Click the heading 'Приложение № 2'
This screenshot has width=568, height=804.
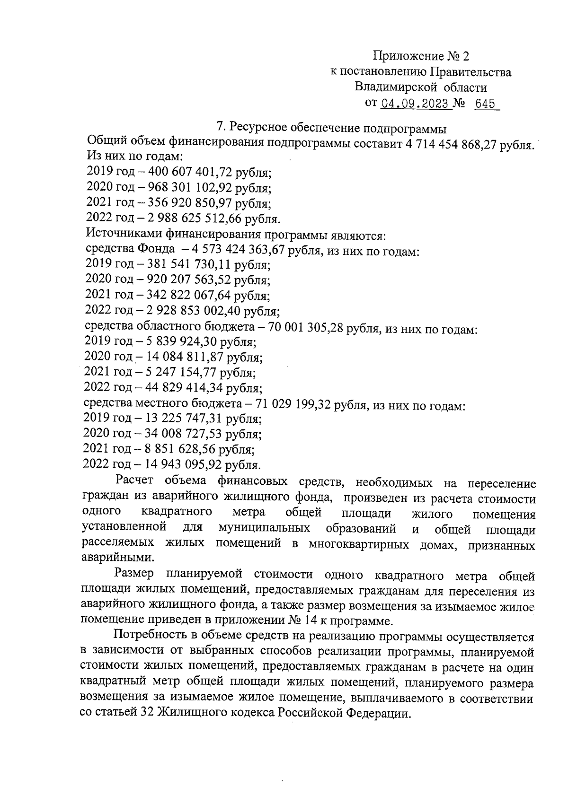[x=421, y=57]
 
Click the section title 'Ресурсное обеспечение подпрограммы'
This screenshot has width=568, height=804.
[x=337, y=128]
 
